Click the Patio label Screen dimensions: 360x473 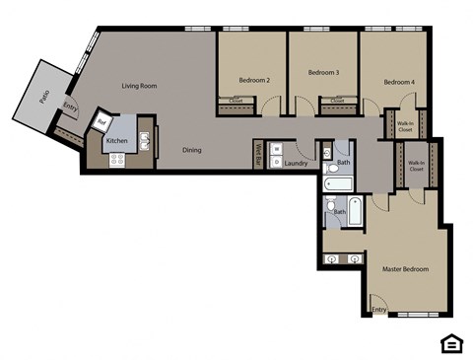coord(45,97)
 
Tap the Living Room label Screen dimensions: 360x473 coord(140,86)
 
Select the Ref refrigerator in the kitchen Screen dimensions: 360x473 coord(101,122)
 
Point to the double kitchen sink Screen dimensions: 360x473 coord(145,141)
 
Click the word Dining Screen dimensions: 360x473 coord(192,150)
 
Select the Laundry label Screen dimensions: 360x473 coord(296,163)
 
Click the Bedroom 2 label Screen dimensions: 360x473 coord(254,79)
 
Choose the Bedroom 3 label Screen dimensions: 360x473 coord(323,72)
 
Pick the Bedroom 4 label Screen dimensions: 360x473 coord(397,82)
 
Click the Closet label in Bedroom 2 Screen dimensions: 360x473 coord(236,101)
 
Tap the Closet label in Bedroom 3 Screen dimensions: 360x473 coord(337,101)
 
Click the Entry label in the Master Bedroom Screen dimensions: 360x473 coord(379,310)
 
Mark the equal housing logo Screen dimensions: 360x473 coord(449,342)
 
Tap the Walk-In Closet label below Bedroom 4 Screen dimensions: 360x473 coord(405,125)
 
